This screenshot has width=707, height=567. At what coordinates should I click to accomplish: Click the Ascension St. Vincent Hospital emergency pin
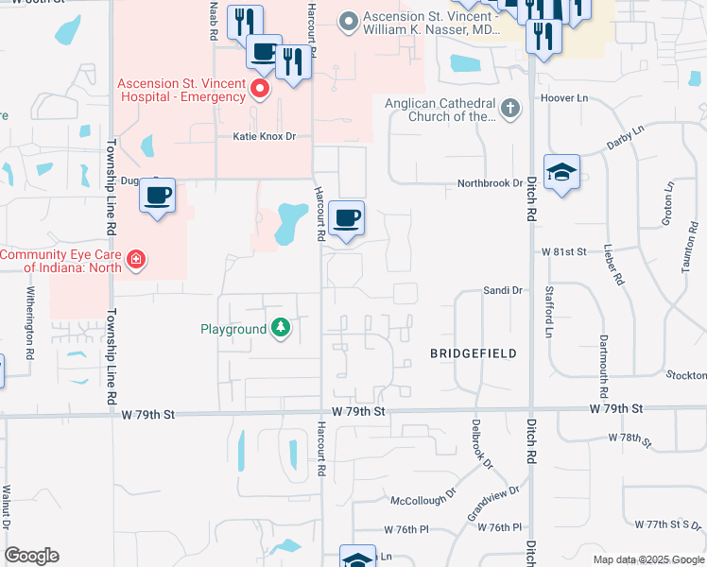(260, 90)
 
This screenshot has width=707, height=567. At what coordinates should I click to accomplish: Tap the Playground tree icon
(281, 329)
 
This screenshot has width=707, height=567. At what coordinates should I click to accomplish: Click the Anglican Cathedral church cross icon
(510, 107)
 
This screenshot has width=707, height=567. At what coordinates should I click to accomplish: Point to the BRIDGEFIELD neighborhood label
(474, 353)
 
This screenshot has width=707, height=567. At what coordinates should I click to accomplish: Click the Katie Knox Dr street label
(265, 137)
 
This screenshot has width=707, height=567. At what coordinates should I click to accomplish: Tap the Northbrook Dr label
(490, 183)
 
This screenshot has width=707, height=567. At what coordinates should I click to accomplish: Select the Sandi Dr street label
(503, 291)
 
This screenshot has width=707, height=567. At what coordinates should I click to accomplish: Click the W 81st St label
(564, 252)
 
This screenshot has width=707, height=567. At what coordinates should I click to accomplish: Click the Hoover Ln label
(564, 98)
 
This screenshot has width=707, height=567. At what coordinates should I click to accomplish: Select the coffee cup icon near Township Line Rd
(158, 196)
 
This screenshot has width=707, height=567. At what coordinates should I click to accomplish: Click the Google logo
(31, 556)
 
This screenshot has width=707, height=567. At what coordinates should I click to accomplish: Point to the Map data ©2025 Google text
(647, 559)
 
